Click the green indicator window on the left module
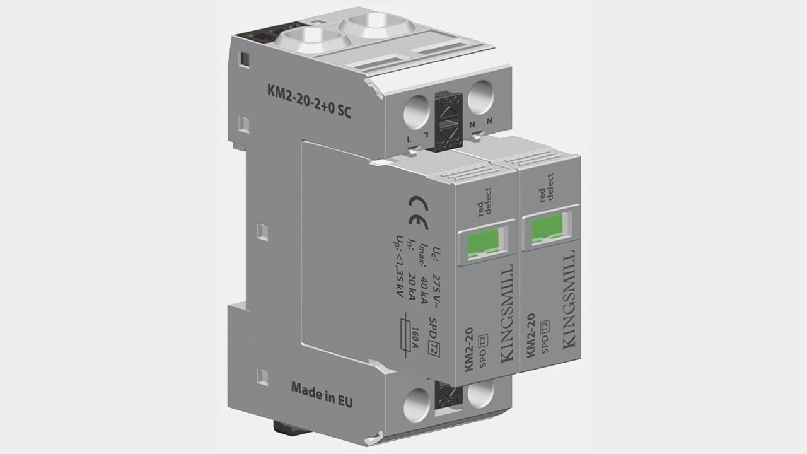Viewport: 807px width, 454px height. tap(485, 243)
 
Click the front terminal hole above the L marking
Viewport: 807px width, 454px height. tap(417, 113)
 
